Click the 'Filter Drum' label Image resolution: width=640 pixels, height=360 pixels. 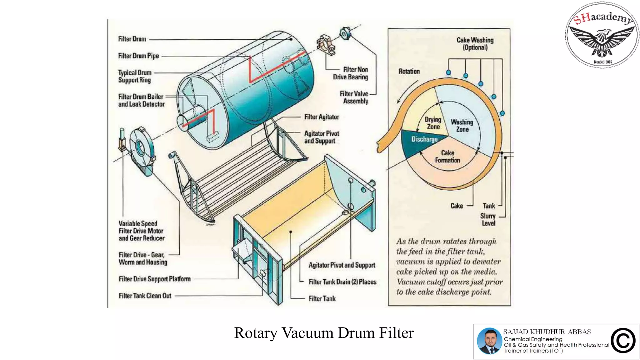132,39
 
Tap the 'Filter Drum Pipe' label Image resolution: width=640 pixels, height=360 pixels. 138,56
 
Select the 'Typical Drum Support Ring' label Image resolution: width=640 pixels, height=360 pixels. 135,76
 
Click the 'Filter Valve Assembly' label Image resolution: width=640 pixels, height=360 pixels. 354,97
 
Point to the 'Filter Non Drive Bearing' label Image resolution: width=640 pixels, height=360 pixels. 350,73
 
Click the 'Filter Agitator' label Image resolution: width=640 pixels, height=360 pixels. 322,117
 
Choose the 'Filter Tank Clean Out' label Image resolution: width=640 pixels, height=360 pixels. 145,296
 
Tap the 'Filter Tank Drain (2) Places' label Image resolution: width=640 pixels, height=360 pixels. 342,282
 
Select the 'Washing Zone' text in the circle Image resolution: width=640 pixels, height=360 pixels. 462,126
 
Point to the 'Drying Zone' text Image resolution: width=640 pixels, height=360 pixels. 433,123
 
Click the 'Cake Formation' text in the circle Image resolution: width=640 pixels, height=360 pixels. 447,157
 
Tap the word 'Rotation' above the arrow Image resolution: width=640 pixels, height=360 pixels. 409,71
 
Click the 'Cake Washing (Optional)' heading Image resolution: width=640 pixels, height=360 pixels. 475,44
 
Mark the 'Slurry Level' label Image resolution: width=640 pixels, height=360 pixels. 488,219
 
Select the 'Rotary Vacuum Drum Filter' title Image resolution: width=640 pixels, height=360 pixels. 324,333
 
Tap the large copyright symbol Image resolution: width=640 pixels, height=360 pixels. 623,341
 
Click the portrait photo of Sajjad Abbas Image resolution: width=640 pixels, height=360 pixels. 489,341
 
